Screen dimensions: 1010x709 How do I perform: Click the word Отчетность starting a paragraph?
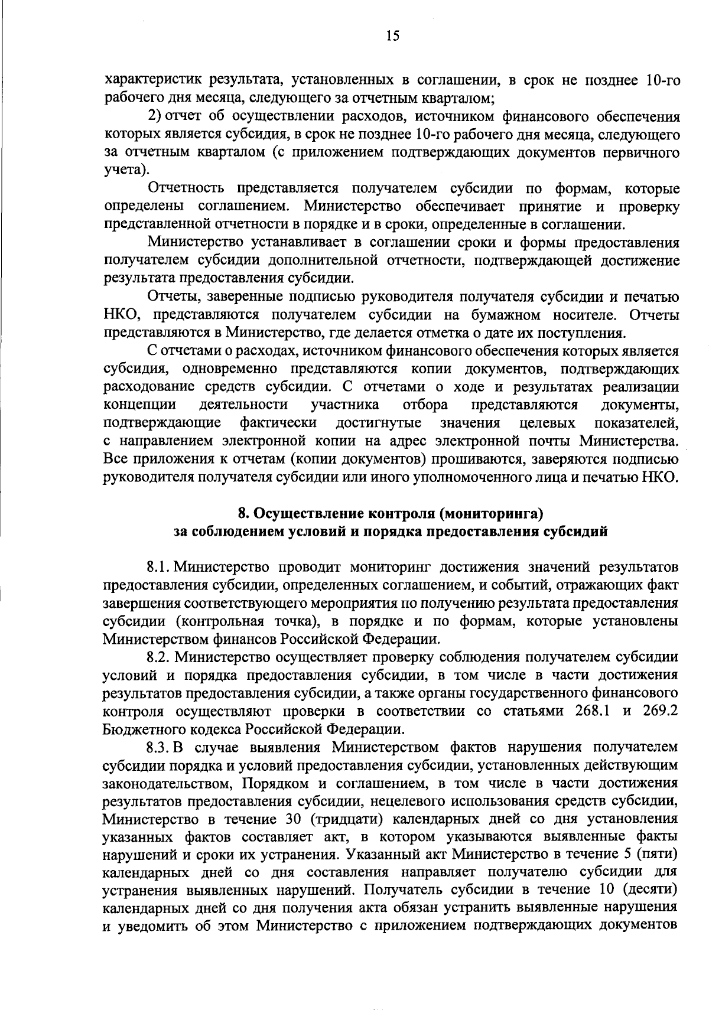pyautogui.click(x=186, y=188)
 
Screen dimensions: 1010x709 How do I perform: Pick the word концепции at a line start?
pyautogui.click(x=139, y=405)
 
